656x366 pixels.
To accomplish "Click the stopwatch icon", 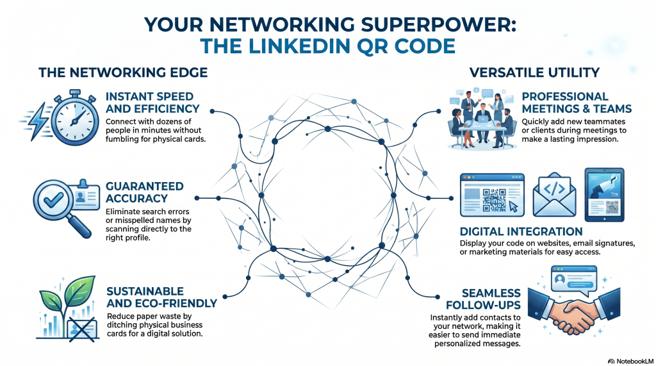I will click(x=75, y=117).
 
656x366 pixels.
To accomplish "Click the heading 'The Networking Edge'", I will click(x=123, y=72).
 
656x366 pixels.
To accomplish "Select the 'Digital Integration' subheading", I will click(x=521, y=231).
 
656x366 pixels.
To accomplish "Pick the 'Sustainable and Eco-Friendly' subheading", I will click(x=160, y=297).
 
